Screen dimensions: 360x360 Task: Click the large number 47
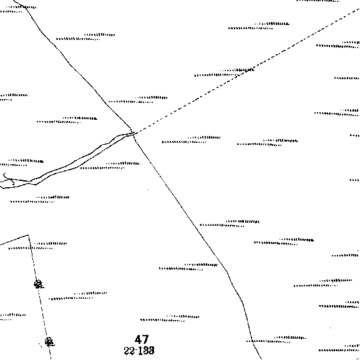click(142, 339)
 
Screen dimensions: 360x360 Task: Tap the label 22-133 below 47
click(139, 351)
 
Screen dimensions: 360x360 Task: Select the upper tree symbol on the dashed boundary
click(38, 284)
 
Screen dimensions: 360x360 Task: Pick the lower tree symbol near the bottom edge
click(49, 342)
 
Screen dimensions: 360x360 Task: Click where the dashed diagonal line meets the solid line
click(135, 133)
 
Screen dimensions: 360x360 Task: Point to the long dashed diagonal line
click(247, 71)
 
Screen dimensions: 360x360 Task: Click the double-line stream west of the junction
click(69, 162)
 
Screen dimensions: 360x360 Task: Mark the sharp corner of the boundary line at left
click(28, 235)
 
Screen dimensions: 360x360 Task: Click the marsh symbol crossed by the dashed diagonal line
click(224, 72)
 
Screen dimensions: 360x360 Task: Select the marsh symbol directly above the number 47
click(170, 318)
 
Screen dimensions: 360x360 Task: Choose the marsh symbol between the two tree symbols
click(77, 296)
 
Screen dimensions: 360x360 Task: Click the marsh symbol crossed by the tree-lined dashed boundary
click(37, 246)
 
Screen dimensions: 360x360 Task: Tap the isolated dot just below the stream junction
click(148, 190)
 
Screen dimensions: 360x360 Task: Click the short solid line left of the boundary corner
click(14, 240)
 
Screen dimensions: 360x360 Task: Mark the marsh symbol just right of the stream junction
click(191, 140)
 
